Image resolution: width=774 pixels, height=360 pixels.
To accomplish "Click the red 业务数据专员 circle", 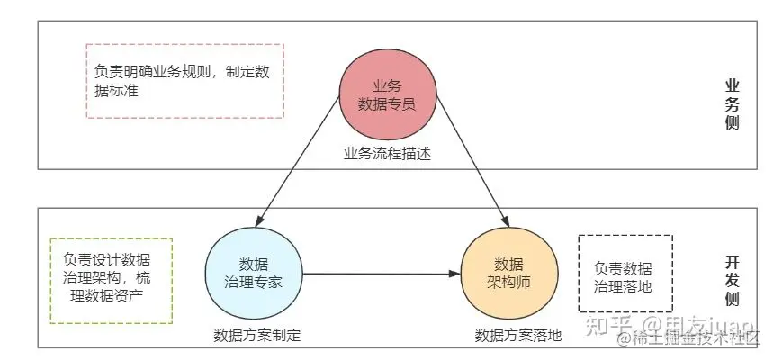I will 387,94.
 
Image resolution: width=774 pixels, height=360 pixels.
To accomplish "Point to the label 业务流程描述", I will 387,153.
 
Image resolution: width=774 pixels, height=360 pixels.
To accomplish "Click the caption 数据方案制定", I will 256,336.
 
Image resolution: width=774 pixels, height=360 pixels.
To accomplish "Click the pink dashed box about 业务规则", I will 184,81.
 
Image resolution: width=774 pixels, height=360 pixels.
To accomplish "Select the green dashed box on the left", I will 112,280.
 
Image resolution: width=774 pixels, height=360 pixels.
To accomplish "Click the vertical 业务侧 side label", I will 732,104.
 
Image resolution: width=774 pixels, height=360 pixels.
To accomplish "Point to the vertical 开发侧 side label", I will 732,281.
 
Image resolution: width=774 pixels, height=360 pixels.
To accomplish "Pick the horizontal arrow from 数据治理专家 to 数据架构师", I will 378,273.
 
